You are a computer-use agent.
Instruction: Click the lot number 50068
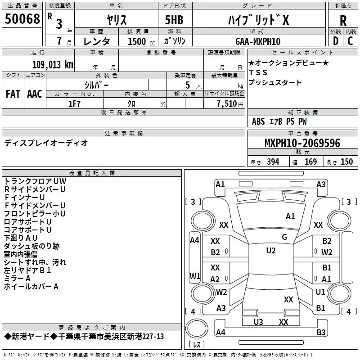click(22, 19)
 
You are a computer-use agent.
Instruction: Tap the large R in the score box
click(343, 20)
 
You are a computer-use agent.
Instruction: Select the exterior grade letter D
click(335, 41)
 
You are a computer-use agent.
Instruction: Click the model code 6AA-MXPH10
click(258, 41)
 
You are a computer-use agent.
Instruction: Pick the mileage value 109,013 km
click(53, 64)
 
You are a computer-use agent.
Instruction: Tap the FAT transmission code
click(13, 94)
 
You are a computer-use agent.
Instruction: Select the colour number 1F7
click(74, 104)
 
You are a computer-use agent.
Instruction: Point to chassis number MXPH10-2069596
click(302, 143)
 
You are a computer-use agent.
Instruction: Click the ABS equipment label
click(258, 121)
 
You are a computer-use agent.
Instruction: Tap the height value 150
click(346, 162)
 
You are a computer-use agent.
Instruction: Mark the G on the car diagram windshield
click(284, 237)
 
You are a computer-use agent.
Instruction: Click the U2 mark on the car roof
click(270, 251)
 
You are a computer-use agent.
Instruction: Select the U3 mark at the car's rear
click(258, 322)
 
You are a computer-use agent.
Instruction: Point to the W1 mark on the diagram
click(194, 275)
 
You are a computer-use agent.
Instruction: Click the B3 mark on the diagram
click(321, 333)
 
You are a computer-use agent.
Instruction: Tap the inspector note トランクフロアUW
click(31, 181)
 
